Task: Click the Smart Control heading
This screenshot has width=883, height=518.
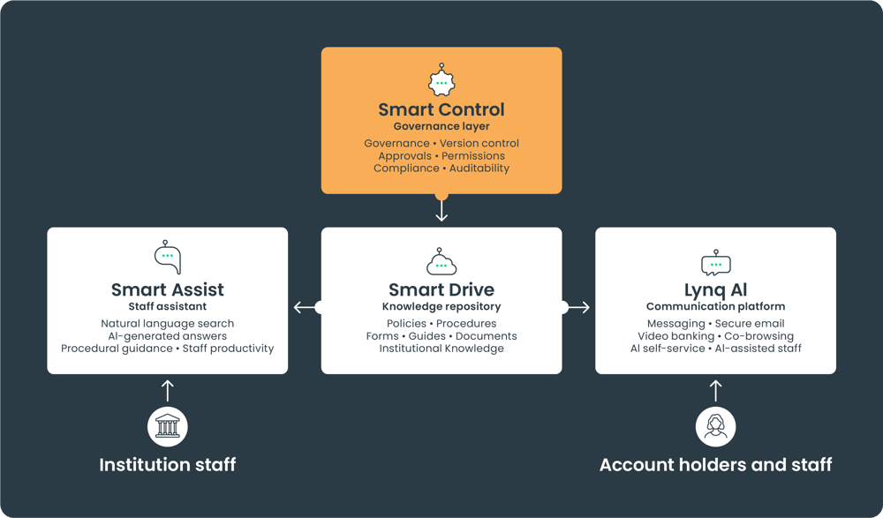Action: pyautogui.click(x=441, y=109)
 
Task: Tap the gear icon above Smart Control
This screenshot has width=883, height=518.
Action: pyautogui.click(x=441, y=80)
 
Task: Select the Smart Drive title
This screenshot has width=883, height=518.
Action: pyautogui.click(x=441, y=289)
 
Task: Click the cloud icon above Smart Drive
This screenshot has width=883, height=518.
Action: pyautogui.click(x=441, y=261)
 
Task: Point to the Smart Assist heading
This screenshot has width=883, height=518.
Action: pyautogui.click(x=167, y=289)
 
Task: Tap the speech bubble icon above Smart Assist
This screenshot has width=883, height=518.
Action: pyautogui.click(x=168, y=257)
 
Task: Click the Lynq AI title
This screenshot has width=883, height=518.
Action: pyautogui.click(x=715, y=290)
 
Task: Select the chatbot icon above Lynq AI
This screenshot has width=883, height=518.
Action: pyautogui.click(x=716, y=262)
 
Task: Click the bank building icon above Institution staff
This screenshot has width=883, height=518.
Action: pyautogui.click(x=167, y=426)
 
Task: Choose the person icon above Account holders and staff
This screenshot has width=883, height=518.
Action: pyautogui.click(x=715, y=426)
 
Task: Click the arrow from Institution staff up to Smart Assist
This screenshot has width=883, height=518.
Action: pyautogui.click(x=167, y=391)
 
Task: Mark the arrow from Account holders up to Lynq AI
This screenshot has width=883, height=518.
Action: pyautogui.click(x=715, y=391)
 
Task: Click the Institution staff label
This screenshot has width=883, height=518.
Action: pyautogui.click(x=167, y=464)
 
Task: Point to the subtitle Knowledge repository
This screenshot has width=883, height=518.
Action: pyautogui.click(x=441, y=306)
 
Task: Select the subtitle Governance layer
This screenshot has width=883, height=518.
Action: pyautogui.click(x=441, y=126)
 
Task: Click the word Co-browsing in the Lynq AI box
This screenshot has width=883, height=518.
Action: pyautogui.click(x=758, y=336)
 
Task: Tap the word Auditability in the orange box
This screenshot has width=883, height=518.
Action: pyautogui.click(x=479, y=168)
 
